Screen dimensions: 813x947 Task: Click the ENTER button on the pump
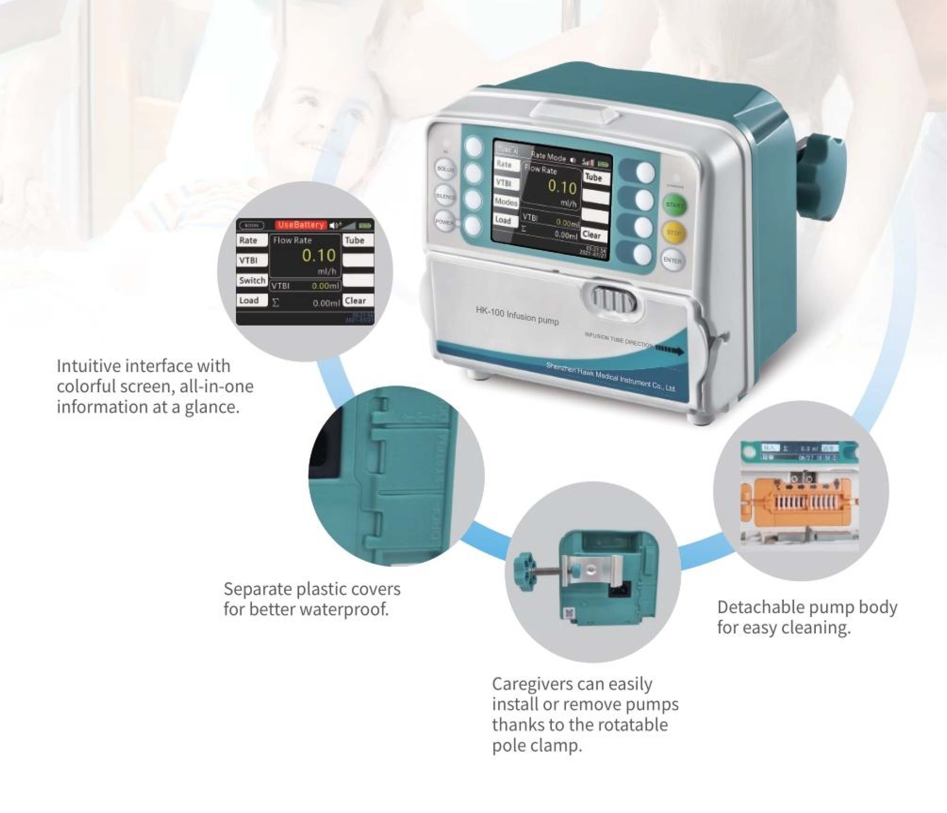click(x=672, y=261)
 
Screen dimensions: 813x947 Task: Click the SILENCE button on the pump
click(x=445, y=196)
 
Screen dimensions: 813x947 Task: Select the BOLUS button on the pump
click(x=445, y=169)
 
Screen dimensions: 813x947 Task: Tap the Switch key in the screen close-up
click(x=252, y=280)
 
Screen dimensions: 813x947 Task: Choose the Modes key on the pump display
click(x=506, y=201)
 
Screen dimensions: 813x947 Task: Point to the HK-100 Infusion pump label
click(x=517, y=315)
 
